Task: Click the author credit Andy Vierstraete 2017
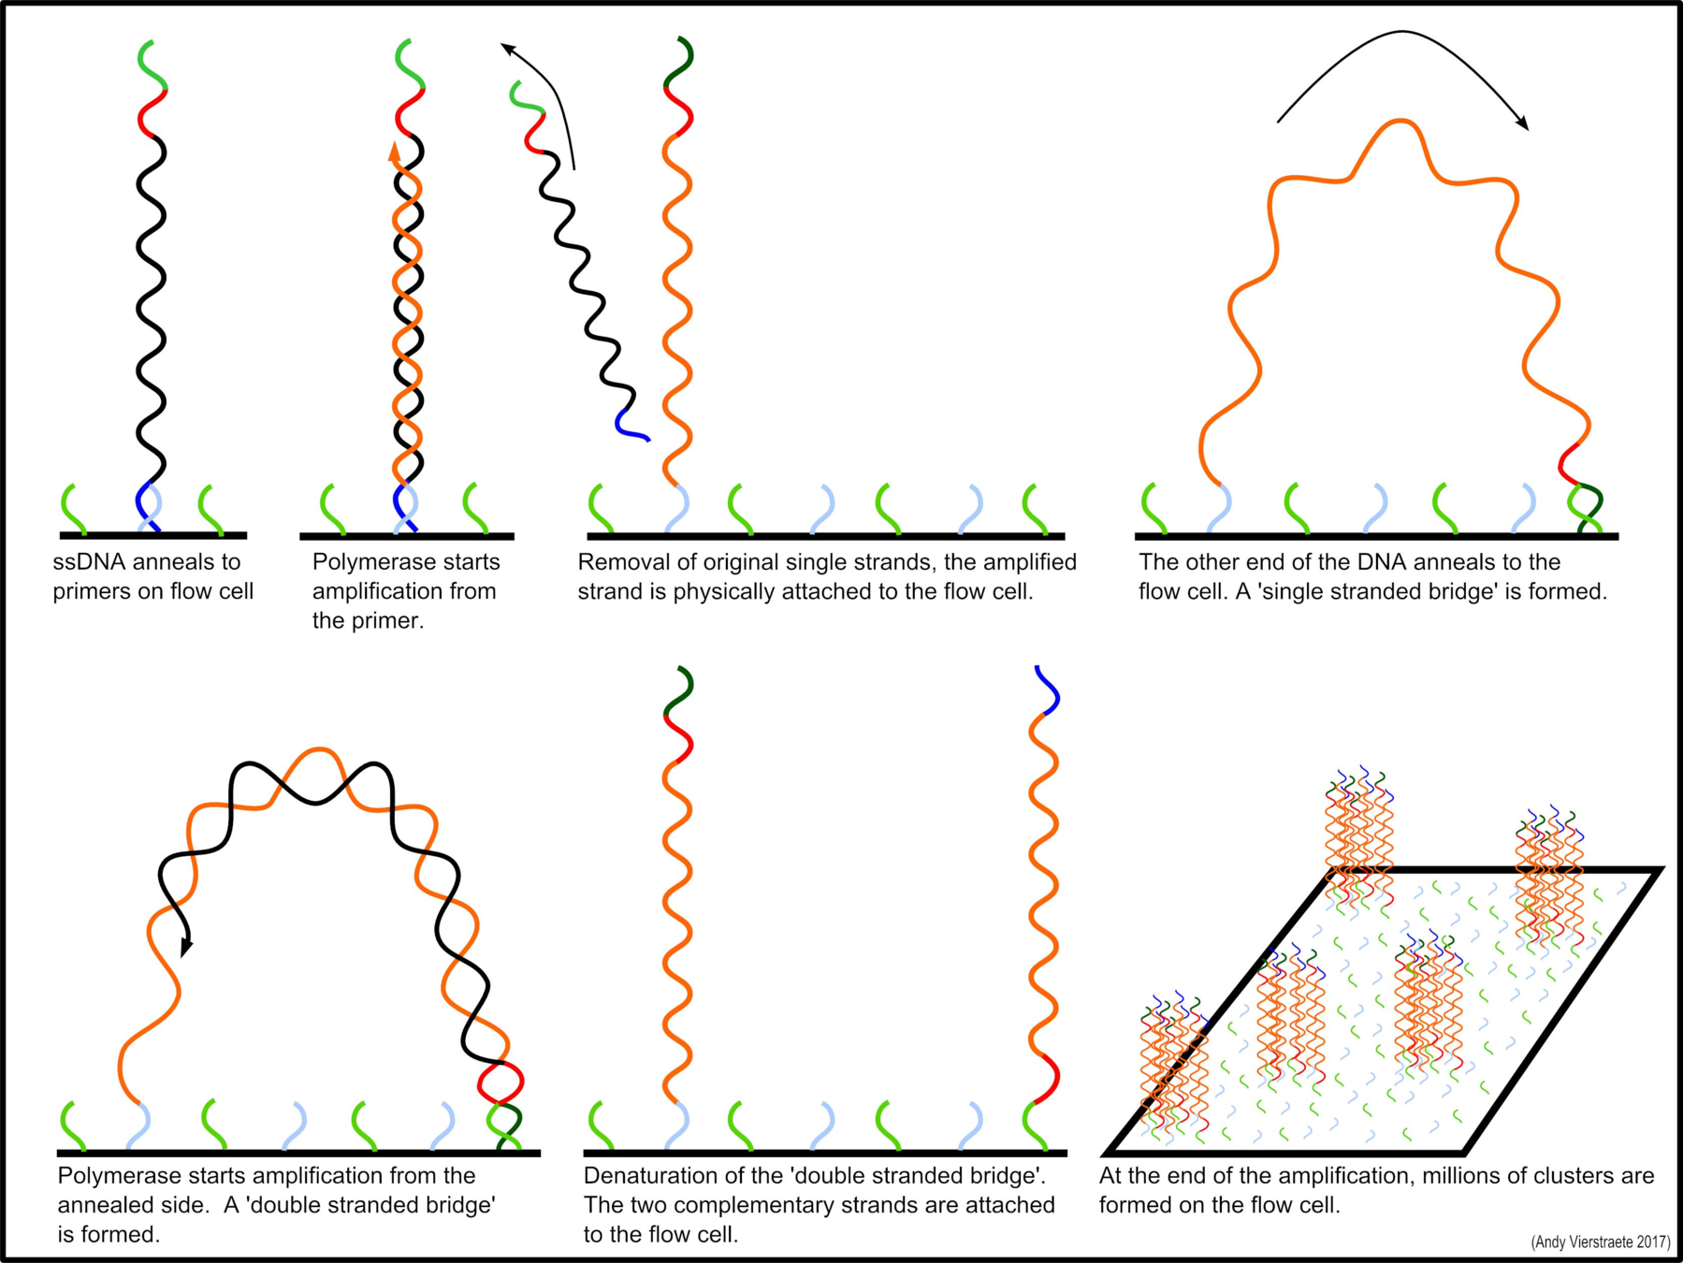click(x=1600, y=1241)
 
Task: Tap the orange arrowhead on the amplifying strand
click(x=395, y=152)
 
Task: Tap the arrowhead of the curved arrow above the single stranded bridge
click(x=1522, y=123)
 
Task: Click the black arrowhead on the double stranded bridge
click(x=186, y=947)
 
